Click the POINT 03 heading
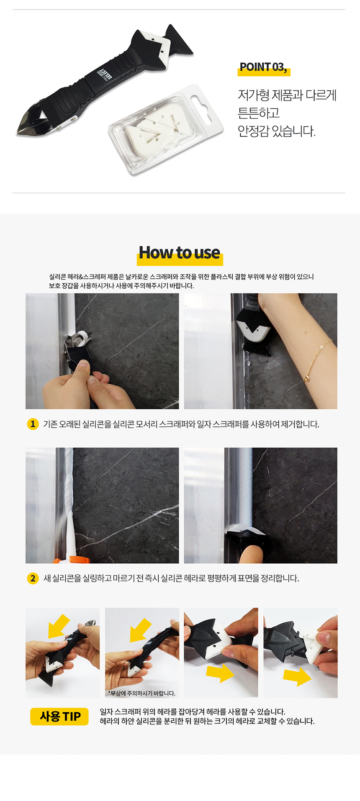point(263,67)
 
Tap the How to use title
point(180,253)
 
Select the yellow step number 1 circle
point(33,424)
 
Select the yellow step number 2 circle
point(33,578)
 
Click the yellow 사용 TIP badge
point(59,716)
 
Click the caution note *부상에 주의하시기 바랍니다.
point(141,693)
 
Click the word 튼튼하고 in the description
point(259,113)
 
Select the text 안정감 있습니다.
point(276,131)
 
